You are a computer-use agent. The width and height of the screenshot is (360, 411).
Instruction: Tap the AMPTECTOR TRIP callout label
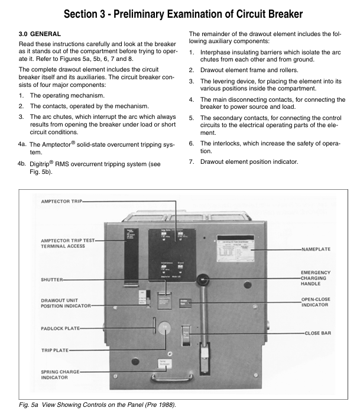point(61,202)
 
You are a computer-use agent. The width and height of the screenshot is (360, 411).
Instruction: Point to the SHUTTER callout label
point(52,280)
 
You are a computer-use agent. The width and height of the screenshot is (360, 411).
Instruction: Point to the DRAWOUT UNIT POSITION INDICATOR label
point(65,302)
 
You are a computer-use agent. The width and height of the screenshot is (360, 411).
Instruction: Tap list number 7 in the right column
point(192,162)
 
